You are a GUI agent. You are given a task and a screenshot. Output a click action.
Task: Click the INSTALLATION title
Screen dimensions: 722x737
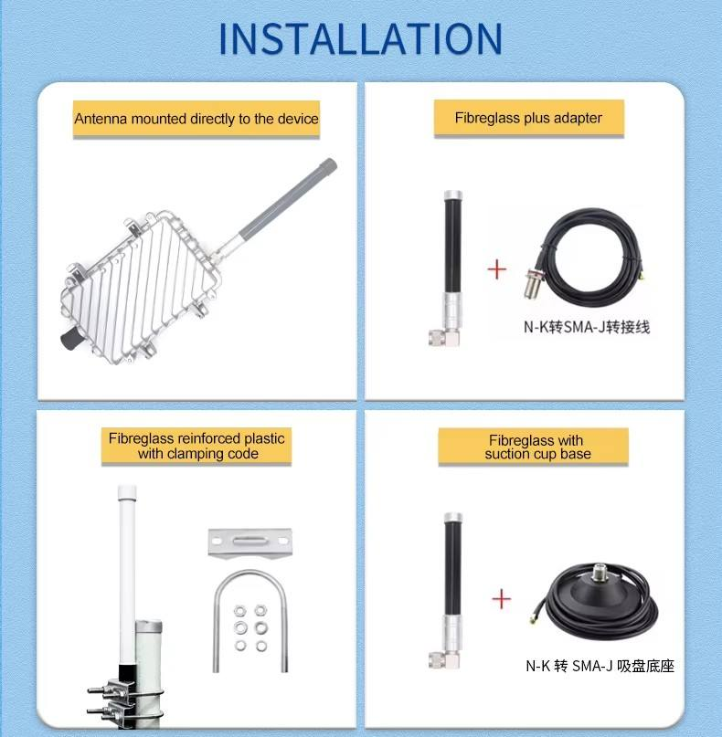[361, 38]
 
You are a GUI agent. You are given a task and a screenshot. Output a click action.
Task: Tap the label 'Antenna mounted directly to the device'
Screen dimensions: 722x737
[196, 119]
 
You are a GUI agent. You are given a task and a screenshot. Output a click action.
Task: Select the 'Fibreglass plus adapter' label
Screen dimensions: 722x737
[528, 118]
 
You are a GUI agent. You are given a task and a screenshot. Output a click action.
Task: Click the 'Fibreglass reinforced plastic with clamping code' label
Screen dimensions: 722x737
[196, 446]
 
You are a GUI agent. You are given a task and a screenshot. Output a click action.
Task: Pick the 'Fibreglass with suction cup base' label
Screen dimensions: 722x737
[537, 447]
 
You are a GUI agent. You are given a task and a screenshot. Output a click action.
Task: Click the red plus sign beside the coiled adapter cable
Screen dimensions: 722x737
[496, 269]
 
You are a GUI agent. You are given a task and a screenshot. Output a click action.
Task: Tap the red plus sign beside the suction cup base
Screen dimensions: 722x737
[501, 599]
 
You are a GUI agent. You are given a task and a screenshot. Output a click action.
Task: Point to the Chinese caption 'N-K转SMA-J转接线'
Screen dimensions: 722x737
[587, 327]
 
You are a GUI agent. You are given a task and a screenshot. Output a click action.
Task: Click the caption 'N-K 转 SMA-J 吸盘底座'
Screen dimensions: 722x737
[600, 666]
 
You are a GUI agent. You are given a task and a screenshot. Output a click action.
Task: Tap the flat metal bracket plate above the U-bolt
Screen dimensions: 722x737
[250, 542]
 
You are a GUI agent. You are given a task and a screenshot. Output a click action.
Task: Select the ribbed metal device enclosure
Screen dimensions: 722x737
[141, 287]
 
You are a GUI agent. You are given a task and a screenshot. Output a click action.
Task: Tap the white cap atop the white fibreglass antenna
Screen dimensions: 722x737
[127, 492]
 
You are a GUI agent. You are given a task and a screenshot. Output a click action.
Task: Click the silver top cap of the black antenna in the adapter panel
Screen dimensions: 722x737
[453, 195]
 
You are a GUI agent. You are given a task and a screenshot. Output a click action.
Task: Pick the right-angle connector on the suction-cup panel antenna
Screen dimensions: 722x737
[444, 659]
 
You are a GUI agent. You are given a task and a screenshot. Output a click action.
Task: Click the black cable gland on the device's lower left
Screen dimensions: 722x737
[71, 338]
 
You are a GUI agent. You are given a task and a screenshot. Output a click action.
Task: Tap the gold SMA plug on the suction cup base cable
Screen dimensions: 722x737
[535, 618]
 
